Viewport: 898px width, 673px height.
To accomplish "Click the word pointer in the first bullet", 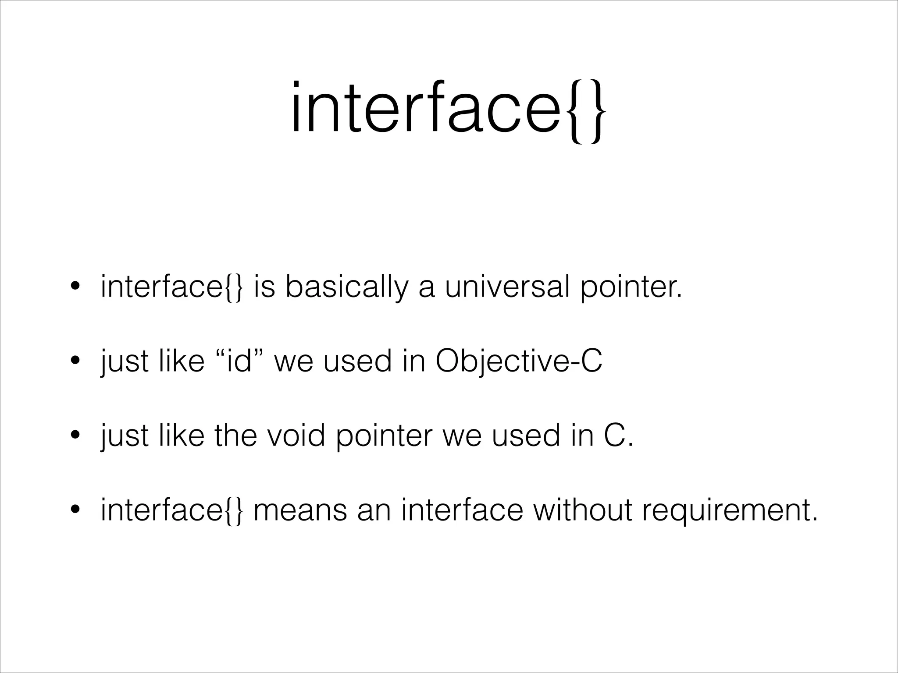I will tap(631, 288).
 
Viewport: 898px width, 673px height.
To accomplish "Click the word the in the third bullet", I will tap(235, 436).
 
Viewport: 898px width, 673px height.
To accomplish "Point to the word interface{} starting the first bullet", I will tap(171, 288).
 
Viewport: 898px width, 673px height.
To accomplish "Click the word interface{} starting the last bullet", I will tap(171, 510).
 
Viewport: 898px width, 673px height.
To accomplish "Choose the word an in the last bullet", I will tap(373, 511).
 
